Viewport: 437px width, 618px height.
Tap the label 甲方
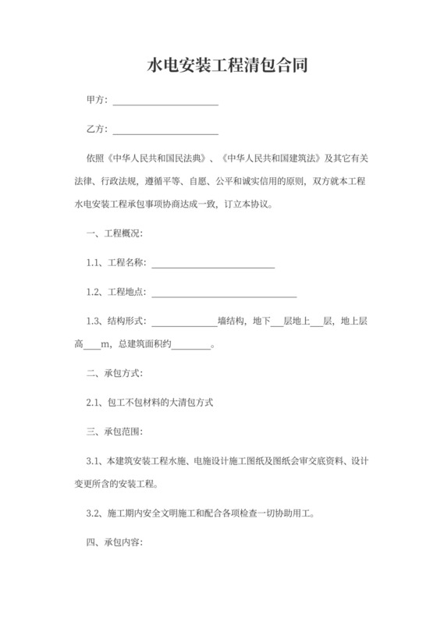coord(96,101)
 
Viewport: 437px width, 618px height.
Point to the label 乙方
coord(96,129)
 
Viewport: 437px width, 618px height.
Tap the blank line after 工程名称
coord(212,266)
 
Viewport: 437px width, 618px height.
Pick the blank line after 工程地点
coord(223,295)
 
